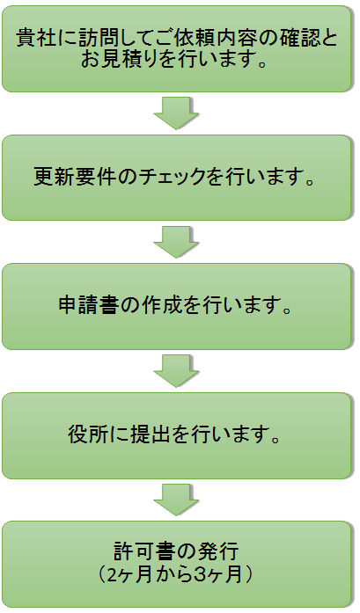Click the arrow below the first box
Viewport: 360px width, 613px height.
(x=176, y=113)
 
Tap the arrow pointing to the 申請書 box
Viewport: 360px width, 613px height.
(x=176, y=242)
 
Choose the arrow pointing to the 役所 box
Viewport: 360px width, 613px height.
(x=176, y=370)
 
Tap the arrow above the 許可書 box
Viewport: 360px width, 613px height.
(x=176, y=500)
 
